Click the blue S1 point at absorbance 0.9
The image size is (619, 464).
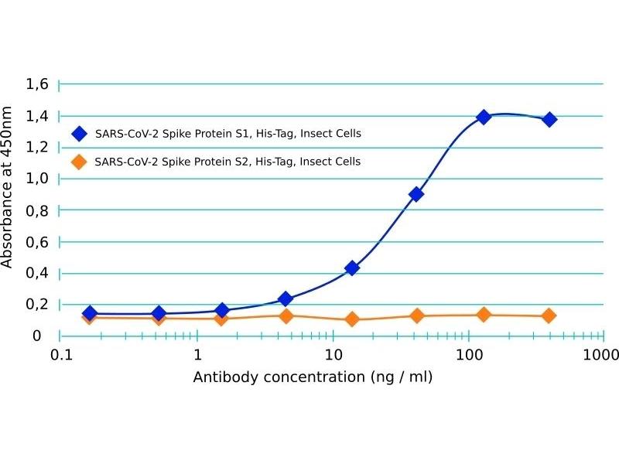[x=416, y=194]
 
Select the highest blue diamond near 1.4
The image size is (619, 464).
[x=484, y=117]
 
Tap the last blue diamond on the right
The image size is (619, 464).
[x=549, y=119]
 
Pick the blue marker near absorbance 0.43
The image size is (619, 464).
[x=352, y=268]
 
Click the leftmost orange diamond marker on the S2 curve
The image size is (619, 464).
[x=90, y=317]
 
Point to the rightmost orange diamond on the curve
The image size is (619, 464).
[x=549, y=316]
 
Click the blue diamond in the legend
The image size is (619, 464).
[x=78, y=133]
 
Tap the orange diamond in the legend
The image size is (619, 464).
[x=78, y=162]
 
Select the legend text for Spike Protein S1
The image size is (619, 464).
[x=227, y=133]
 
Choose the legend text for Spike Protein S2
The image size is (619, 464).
[x=227, y=162]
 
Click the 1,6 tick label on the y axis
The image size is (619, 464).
[x=38, y=84]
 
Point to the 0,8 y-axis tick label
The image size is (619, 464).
[x=38, y=210]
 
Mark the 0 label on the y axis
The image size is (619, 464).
[x=36, y=336]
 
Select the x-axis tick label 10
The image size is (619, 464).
[x=333, y=356]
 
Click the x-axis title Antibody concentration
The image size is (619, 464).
[x=312, y=377]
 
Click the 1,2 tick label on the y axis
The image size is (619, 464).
[x=38, y=147]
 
